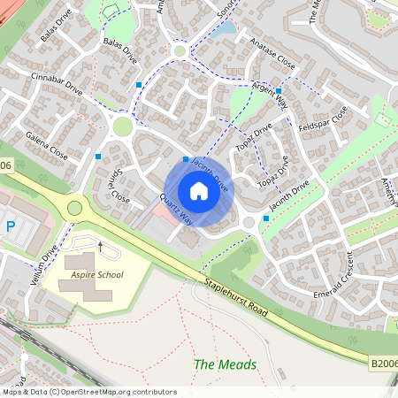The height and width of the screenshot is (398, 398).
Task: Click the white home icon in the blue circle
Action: click(x=199, y=190)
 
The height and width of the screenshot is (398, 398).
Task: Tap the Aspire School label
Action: click(x=96, y=275)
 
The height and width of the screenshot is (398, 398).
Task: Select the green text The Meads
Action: click(x=226, y=364)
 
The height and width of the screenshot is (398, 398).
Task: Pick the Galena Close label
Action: click(x=47, y=143)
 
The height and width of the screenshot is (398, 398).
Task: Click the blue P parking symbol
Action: click(x=11, y=226)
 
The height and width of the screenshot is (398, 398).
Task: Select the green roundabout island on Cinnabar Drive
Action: click(x=122, y=126)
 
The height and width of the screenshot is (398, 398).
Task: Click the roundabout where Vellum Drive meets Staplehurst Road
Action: click(x=74, y=209)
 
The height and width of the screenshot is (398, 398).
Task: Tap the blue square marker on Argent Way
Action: click(x=279, y=90)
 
